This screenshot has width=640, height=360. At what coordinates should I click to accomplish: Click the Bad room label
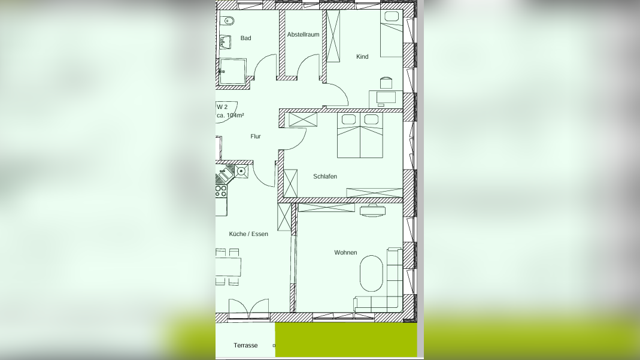(x=245, y=38)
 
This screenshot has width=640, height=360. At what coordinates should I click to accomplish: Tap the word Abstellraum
(x=303, y=35)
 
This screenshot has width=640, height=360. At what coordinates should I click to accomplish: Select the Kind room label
(x=362, y=57)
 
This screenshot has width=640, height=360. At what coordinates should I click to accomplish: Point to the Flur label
(x=256, y=137)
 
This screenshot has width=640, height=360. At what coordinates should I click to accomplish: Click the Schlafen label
(x=325, y=177)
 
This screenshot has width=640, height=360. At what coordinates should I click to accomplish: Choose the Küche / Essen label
(x=248, y=234)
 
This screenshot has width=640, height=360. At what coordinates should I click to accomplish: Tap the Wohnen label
(x=345, y=253)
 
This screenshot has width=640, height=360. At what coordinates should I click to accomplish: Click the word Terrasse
(x=245, y=346)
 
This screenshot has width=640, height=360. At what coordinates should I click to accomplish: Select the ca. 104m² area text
(x=230, y=115)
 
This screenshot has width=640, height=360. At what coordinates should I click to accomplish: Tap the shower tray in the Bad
(x=232, y=71)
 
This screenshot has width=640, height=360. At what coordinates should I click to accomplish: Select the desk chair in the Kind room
(x=386, y=81)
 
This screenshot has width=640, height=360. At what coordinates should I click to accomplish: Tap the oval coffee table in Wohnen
(x=371, y=274)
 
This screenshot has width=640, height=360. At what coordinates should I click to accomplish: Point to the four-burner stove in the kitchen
(x=221, y=191)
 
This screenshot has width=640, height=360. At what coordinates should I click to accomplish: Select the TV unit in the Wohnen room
(x=372, y=209)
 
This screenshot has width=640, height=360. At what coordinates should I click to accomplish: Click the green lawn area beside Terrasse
(x=346, y=340)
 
